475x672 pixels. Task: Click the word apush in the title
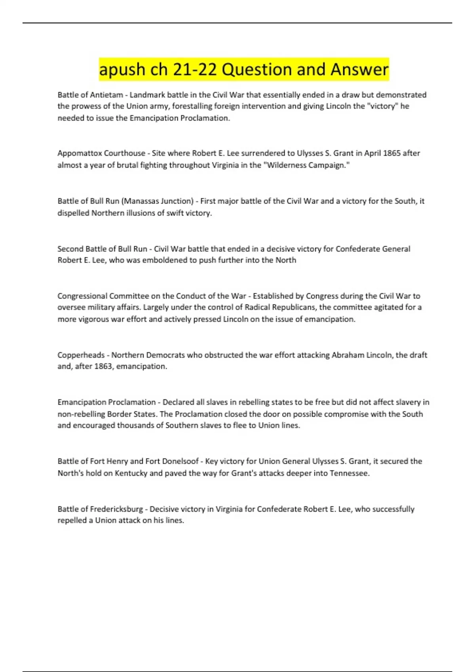pyautogui.click(x=122, y=70)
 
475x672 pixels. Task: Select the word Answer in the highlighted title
pyautogui.click(x=359, y=70)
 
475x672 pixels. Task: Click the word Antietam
pyautogui.click(x=106, y=95)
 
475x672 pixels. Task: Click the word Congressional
pyautogui.click(x=82, y=296)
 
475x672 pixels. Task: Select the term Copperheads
pyautogui.click(x=81, y=355)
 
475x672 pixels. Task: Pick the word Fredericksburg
pyautogui.click(x=116, y=509)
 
